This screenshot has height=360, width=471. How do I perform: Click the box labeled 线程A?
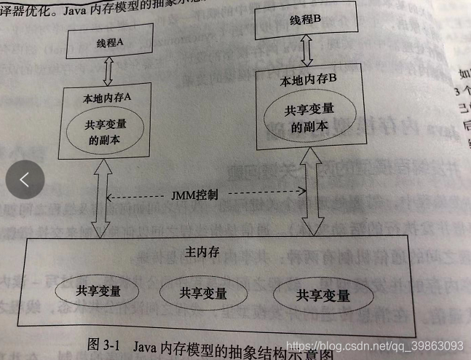110,43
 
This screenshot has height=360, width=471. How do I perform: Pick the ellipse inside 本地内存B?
309,117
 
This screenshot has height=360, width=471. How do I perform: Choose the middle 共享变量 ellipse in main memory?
202,294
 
